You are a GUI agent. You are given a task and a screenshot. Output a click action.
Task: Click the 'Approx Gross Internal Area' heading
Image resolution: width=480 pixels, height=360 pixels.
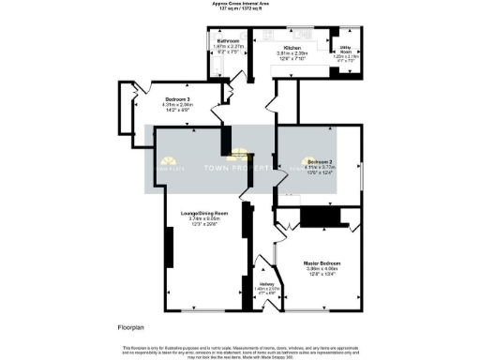point(239,5)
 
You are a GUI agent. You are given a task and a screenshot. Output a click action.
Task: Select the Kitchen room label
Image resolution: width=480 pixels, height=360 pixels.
point(287,46)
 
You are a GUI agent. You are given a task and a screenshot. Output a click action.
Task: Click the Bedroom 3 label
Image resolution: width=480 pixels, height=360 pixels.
point(178,97)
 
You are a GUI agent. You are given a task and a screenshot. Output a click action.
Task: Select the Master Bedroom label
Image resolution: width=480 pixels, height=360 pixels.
point(322,263)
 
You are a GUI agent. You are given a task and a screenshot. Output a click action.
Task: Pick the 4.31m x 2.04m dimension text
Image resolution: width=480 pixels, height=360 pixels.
point(178,104)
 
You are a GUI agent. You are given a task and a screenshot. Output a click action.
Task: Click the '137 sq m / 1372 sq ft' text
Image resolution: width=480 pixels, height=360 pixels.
point(239,10)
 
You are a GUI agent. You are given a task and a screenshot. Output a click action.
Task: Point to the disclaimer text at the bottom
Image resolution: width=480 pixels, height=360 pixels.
point(239,351)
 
